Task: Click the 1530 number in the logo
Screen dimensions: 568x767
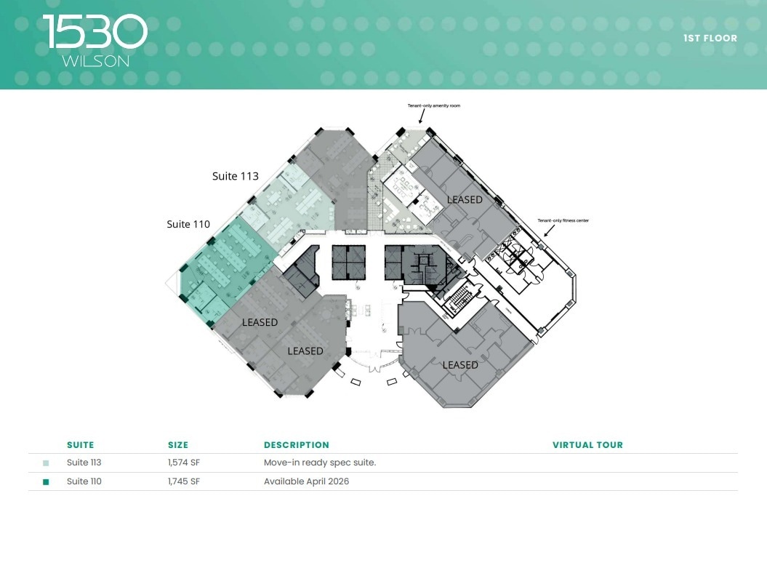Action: [x=95, y=33]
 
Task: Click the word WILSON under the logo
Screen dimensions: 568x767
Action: [x=95, y=62]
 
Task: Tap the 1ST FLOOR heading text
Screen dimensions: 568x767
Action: [x=710, y=38]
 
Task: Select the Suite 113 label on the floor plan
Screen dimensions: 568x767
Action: [x=235, y=176]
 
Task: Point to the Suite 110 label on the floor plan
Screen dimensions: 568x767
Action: [x=188, y=224]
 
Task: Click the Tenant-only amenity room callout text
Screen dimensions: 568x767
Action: [x=433, y=106]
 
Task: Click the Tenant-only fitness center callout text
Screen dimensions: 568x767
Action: [x=563, y=220]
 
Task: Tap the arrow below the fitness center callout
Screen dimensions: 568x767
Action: [x=550, y=231]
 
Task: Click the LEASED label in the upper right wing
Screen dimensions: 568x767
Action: [x=465, y=199]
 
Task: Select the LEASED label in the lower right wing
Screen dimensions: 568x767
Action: [x=460, y=365]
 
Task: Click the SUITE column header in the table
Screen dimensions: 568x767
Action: [x=80, y=445]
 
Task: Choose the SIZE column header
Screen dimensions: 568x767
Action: [x=178, y=445]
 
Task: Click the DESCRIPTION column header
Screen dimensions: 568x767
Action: [x=296, y=445]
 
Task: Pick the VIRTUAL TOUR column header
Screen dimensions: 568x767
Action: [x=587, y=445]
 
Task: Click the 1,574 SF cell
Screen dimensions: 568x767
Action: [x=184, y=463]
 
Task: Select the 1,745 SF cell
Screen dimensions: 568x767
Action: [x=184, y=481]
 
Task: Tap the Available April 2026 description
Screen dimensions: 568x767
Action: [x=306, y=481]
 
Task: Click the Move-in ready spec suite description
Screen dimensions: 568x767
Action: [x=319, y=463]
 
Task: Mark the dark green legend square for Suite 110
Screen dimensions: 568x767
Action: [x=46, y=481]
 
